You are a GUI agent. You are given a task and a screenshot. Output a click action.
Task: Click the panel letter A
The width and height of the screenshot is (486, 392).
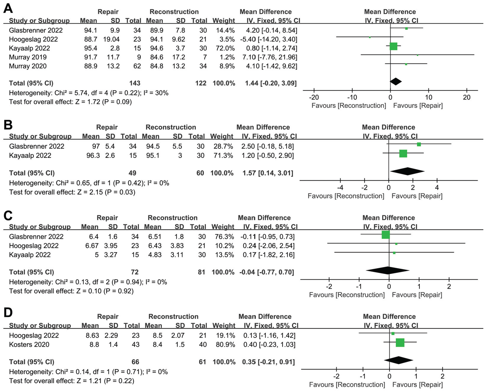8,8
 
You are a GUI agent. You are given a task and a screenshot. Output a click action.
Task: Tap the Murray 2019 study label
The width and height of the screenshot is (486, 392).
28,57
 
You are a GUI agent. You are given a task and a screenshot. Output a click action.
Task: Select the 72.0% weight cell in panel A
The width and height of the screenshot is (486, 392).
224,48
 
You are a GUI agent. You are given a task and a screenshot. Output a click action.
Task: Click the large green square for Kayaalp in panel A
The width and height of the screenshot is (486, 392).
393,46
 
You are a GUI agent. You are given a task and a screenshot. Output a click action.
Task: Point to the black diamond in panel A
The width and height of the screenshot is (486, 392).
396,81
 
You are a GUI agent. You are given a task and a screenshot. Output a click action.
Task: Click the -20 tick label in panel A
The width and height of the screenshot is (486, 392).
314,97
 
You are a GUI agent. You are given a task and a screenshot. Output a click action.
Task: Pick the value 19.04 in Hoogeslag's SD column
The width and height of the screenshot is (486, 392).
111,39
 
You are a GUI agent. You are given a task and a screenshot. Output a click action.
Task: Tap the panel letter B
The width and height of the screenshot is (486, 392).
8,125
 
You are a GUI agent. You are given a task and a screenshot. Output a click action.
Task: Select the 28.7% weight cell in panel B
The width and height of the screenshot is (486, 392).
222,146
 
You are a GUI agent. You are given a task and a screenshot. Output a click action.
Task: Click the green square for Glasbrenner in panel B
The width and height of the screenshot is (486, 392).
419,144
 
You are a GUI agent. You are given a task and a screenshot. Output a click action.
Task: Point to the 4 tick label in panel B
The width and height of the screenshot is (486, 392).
437,188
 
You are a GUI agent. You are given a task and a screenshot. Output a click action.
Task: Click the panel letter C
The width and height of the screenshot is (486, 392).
8,215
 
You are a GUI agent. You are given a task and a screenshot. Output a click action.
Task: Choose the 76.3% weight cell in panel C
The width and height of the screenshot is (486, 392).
223,237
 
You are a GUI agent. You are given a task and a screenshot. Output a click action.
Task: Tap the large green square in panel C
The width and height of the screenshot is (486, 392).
386,235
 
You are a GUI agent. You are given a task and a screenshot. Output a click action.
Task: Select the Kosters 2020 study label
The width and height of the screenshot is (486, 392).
29,345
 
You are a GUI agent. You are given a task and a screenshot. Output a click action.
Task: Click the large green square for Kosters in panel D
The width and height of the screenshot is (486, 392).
400,343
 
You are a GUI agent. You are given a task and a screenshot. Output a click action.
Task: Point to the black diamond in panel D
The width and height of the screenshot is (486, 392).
398,360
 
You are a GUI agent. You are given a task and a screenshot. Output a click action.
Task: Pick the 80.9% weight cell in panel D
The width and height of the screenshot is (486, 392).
224,345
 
